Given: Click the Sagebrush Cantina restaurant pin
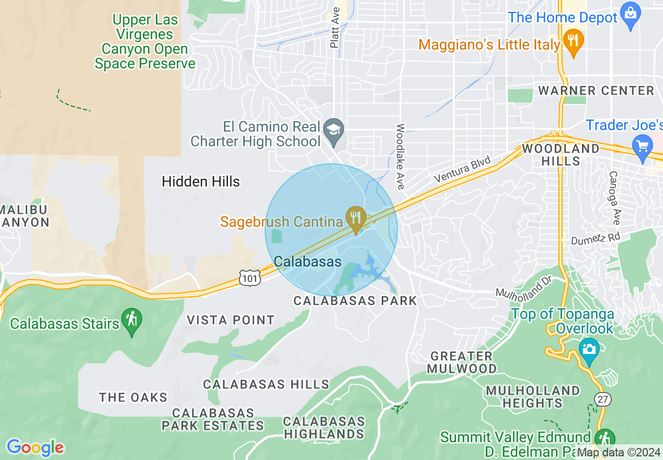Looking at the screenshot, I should [356, 218].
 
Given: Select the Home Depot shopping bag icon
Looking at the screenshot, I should [631, 17].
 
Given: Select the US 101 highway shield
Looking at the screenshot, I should [250, 278].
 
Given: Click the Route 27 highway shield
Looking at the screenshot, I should [603, 399].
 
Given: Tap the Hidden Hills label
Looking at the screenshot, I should [201, 182].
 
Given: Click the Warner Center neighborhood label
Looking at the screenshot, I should [596, 90].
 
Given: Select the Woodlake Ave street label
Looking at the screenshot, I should [401, 156].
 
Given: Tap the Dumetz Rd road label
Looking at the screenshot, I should [595, 238].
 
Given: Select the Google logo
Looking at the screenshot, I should [36, 447].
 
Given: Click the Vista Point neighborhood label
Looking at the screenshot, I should [231, 320].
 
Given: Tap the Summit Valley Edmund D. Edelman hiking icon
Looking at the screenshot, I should [605, 439].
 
